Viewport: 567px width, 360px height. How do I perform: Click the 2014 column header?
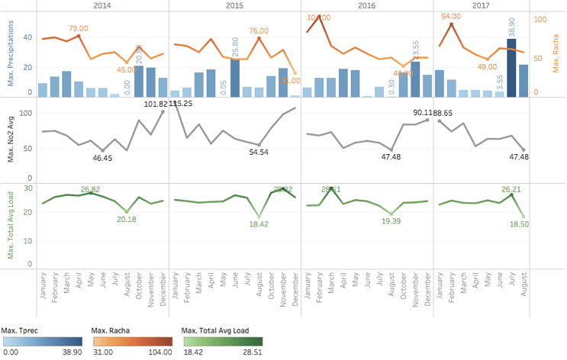pos(101,5)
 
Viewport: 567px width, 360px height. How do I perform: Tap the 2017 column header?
pos(481,5)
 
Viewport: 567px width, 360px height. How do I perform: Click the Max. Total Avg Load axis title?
pos(10,221)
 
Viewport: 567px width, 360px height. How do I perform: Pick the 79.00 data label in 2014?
pos(79,28)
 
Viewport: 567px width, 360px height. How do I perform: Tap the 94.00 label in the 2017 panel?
pos(451,16)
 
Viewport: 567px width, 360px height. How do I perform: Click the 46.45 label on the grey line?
pos(102,158)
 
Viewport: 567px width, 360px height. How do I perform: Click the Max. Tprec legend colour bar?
pos(42,339)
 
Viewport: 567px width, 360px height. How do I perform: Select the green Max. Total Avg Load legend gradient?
pos(222,339)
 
